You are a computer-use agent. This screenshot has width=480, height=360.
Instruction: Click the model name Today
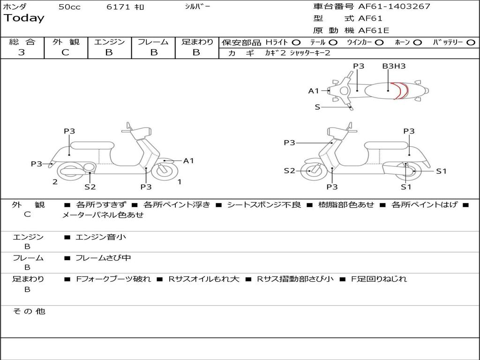(x=24, y=18)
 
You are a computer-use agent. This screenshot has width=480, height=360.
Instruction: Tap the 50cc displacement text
(x=69, y=7)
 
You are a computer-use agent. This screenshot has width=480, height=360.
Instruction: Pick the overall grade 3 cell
(x=22, y=52)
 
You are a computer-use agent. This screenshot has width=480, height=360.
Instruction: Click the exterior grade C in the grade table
(x=65, y=52)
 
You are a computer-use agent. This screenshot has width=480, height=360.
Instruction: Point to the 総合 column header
(x=22, y=42)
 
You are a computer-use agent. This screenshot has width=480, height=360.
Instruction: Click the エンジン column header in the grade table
(x=109, y=42)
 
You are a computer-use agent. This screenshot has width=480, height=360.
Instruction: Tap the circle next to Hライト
(x=296, y=42)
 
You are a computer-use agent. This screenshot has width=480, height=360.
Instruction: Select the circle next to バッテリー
(x=471, y=42)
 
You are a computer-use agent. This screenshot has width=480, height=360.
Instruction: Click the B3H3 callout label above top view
(x=394, y=66)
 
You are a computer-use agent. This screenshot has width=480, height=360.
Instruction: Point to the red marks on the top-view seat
(x=399, y=90)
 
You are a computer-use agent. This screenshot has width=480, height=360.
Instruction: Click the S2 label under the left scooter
(x=90, y=187)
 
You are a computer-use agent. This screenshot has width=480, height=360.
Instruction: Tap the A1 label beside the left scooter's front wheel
(x=188, y=161)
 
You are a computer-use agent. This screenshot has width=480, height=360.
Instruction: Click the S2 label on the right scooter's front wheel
(x=290, y=171)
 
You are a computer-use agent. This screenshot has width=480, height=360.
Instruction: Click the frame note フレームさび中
(x=103, y=258)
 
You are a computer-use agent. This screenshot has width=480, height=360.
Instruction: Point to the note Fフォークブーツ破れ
(x=113, y=279)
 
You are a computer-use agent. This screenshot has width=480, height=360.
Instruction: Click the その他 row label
(x=29, y=311)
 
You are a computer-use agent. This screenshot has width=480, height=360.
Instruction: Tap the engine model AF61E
(x=374, y=30)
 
